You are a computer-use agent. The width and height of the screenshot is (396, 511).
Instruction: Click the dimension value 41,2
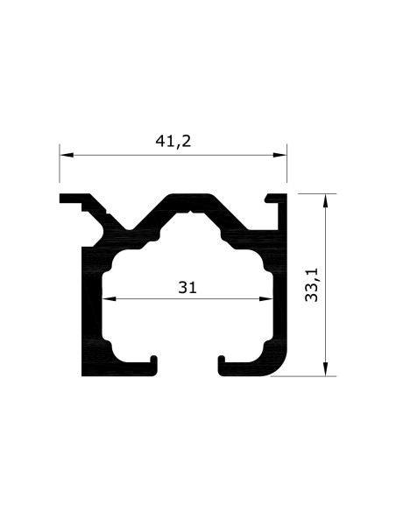173,141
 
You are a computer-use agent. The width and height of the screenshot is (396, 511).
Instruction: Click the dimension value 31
187,286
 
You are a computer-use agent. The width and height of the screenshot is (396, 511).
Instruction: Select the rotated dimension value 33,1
312,285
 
